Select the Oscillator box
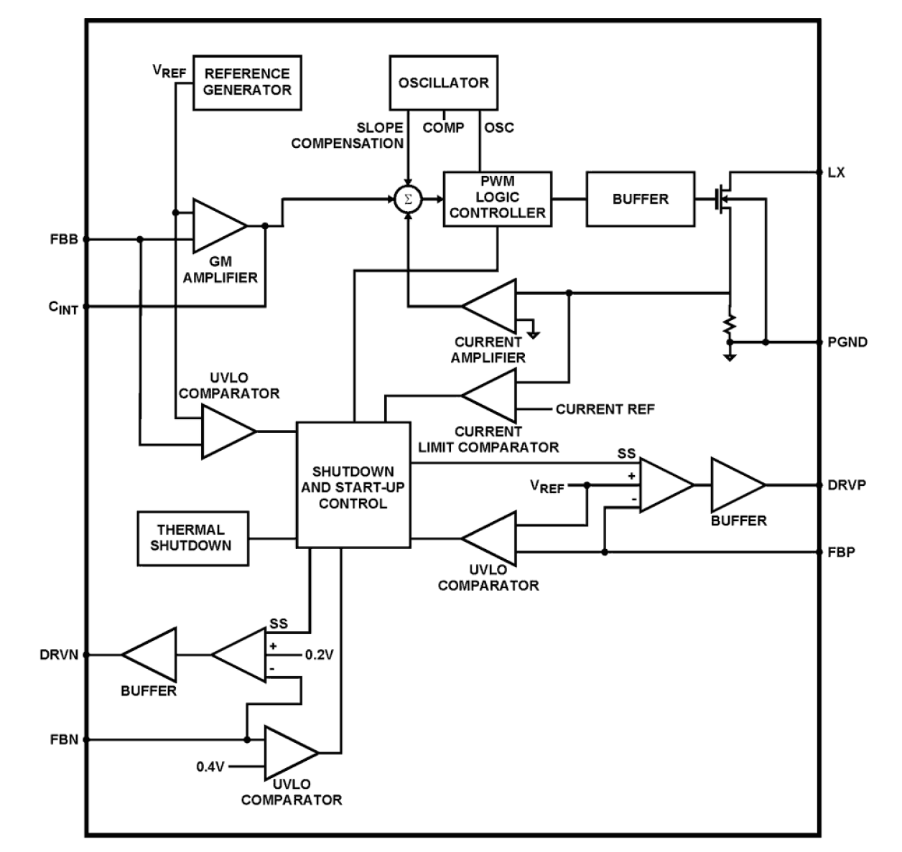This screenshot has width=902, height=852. pyautogui.click(x=443, y=83)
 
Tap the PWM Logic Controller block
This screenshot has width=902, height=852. pyautogui.click(x=497, y=198)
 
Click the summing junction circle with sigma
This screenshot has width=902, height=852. pyautogui.click(x=408, y=199)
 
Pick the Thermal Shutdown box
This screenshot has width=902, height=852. pyautogui.click(x=192, y=538)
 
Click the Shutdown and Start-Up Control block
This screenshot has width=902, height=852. pyautogui.click(x=353, y=486)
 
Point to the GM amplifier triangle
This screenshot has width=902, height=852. pyautogui.click(x=217, y=225)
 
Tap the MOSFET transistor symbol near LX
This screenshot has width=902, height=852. pyautogui.click(x=722, y=198)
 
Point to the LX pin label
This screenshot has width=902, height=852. pyautogui.click(x=837, y=172)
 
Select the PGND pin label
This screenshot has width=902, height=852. pyautogui.click(x=847, y=342)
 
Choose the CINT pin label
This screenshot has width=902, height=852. pyautogui.click(x=63, y=307)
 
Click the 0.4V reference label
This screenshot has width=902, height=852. pyautogui.click(x=211, y=767)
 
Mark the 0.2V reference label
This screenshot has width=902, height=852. pyautogui.click(x=319, y=655)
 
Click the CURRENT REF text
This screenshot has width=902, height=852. pyautogui.click(x=605, y=409)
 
